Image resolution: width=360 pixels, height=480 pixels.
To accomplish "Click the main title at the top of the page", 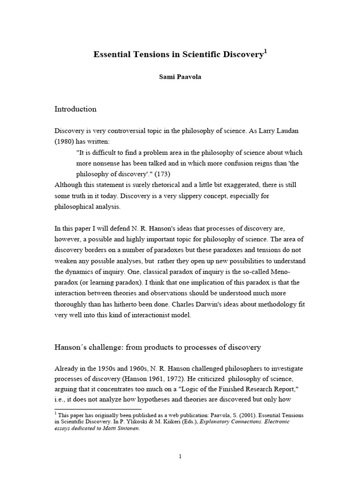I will coord(178,55).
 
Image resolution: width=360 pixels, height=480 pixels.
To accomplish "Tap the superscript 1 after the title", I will coord(265,51).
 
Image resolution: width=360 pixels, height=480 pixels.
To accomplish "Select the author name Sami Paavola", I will coord(180,77).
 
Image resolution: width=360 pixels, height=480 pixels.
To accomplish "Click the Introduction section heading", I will coord(75,109).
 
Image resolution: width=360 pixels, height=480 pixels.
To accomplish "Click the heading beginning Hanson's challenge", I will coord(157,347).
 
